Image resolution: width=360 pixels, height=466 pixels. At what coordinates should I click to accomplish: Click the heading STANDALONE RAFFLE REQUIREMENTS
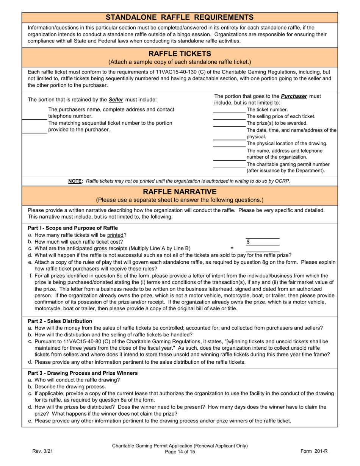tap(180, 17)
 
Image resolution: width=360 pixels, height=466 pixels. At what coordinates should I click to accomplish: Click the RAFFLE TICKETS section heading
tap(180, 54)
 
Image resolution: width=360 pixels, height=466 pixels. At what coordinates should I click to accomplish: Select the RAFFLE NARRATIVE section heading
tap(180, 192)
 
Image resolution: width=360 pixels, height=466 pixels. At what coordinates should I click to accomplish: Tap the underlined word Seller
tap(116, 100)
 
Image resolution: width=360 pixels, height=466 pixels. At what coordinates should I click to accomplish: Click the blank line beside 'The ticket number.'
tap(229, 110)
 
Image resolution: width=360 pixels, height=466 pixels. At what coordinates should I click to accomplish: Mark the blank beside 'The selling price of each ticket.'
tap(229, 117)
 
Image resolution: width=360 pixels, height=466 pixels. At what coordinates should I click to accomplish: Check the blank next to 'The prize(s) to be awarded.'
tap(229, 124)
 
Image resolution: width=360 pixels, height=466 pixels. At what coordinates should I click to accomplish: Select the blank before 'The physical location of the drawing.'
tap(229, 144)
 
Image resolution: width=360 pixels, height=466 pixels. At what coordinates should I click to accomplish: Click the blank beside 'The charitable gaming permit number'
tap(229, 164)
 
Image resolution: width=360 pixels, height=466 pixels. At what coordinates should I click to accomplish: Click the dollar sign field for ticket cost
tap(263, 242)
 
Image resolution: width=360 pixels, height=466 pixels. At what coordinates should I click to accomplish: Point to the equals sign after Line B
tap(232, 249)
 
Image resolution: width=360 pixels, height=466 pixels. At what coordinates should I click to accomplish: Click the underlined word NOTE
tap(75, 181)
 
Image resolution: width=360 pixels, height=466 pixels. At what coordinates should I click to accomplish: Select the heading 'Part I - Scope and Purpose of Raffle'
tap(73, 228)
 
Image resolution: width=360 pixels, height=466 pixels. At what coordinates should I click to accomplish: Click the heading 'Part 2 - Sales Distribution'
tap(60, 321)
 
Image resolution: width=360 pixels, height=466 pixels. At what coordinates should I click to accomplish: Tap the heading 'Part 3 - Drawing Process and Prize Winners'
tap(83, 373)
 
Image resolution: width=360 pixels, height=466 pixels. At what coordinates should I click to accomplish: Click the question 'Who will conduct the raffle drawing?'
tap(77, 380)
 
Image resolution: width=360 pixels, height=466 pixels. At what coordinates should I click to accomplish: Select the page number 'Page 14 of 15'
tap(180, 452)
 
